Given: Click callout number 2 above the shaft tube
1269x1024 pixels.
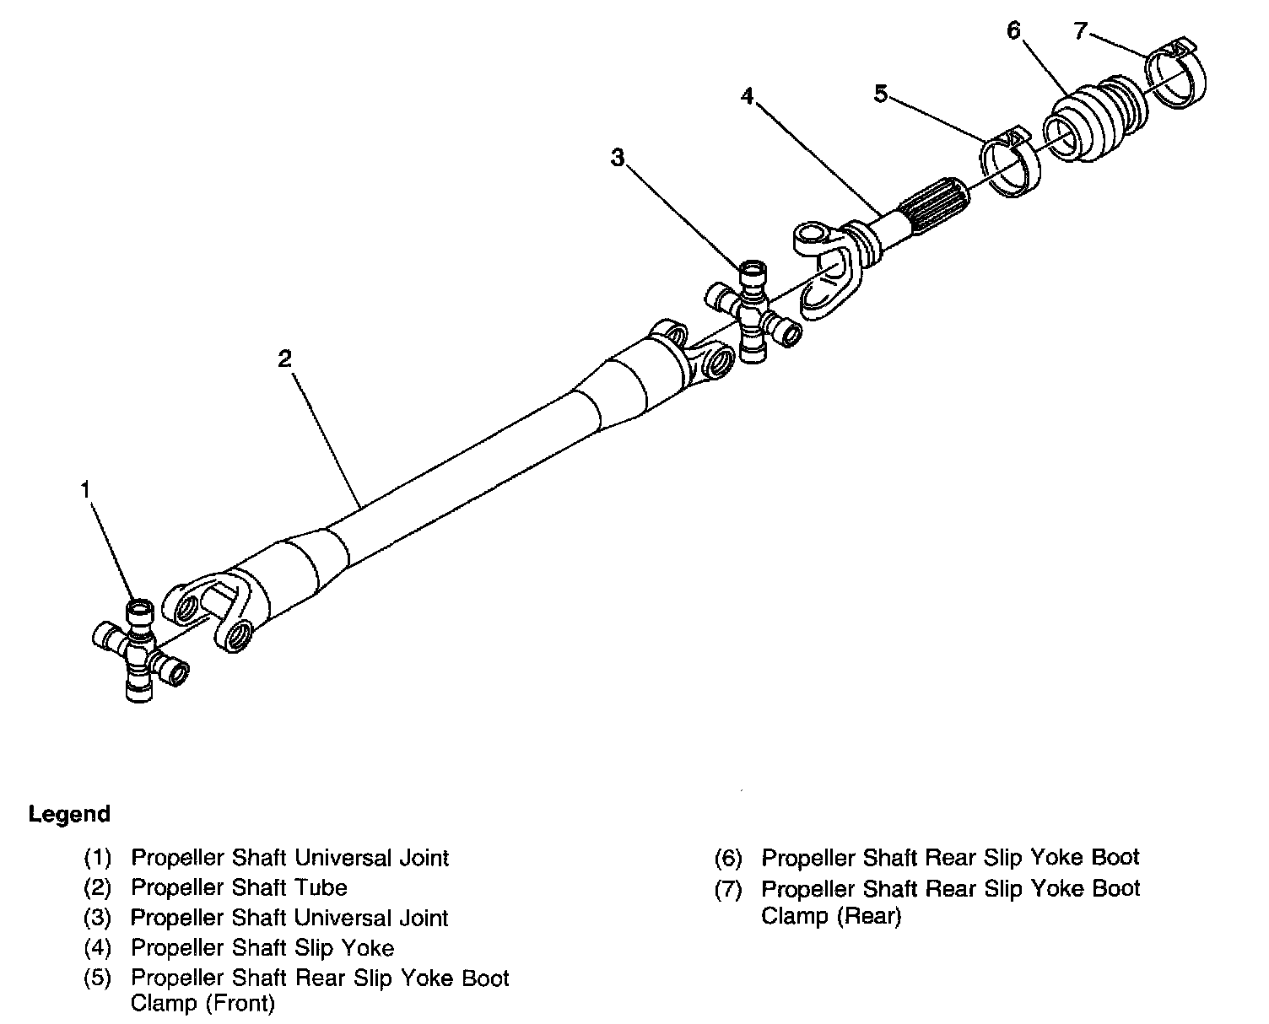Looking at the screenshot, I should click(x=284, y=358).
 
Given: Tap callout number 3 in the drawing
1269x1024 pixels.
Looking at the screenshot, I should click(x=618, y=157).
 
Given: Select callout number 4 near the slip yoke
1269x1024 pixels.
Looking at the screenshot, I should click(x=747, y=96).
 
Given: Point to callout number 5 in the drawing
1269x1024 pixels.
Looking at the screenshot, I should click(x=880, y=94).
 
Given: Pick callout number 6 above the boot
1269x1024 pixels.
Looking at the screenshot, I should click(x=1013, y=30).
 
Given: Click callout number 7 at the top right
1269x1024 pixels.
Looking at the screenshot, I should click(x=1081, y=30).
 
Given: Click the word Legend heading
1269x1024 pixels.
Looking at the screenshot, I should click(x=69, y=814).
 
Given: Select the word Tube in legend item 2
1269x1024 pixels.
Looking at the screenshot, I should click(x=320, y=887).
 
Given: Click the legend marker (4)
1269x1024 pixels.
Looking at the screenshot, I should click(x=98, y=948).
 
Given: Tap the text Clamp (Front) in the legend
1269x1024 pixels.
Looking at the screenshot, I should click(x=202, y=1004).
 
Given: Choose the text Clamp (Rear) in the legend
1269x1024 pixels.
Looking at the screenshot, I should click(x=831, y=916).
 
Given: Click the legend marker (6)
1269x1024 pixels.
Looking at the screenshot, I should click(x=728, y=858).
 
